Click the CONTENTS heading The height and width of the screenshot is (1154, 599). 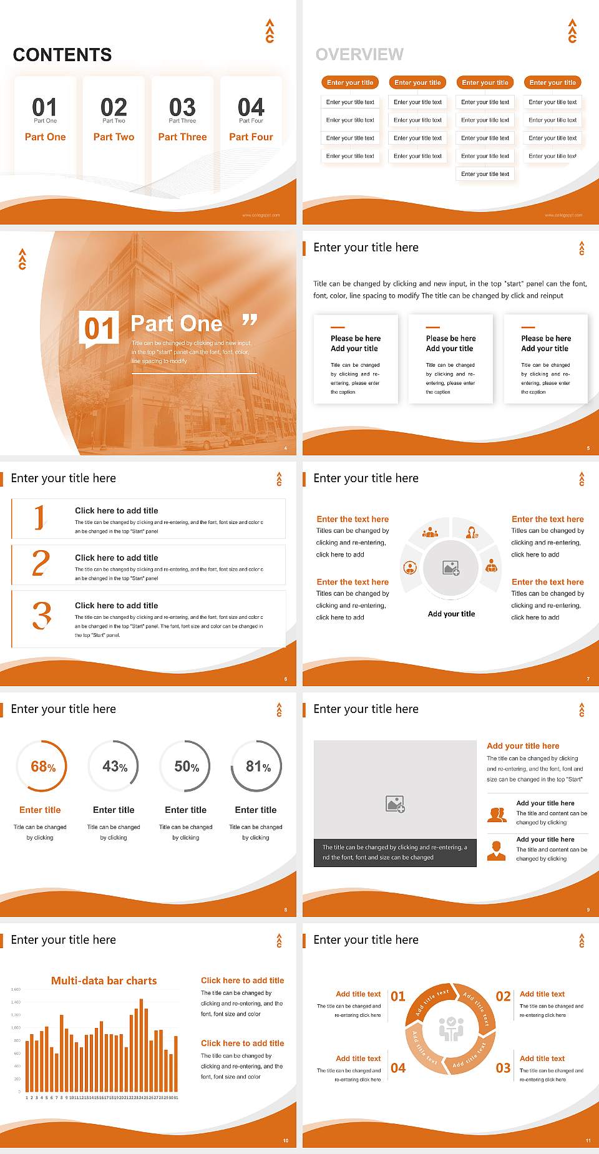pyautogui.click(x=62, y=55)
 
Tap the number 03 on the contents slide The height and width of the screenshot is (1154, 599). pyautogui.click(x=182, y=107)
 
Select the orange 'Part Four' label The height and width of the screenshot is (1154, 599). pyautogui.click(x=251, y=137)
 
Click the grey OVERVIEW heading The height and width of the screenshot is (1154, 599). pyautogui.click(x=359, y=55)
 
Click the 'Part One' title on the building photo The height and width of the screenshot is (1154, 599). pyautogui.click(x=177, y=324)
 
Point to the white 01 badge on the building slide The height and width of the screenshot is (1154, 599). pyautogui.click(x=99, y=328)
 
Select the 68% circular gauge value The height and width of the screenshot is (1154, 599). pyautogui.click(x=43, y=767)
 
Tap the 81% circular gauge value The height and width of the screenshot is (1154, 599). pyautogui.click(x=258, y=767)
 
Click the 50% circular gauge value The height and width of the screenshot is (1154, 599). pyautogui.click(x=187, y=767)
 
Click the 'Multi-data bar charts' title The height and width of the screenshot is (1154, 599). pyautogui.click(x=104, y=981)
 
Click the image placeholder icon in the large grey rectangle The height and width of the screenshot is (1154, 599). pyautogui.click(x=395, y=804)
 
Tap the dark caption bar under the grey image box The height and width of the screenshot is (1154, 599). pyautogui.click(x=395, y=853)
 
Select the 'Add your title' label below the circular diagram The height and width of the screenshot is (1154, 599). pyautogui.click(x=451, y=614)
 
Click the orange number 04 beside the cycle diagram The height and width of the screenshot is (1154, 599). pyautogui.click(x=398, y=1068)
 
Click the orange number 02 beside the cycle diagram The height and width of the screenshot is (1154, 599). pyautogui.click(x=503, y=996)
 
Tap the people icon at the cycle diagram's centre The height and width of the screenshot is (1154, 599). pyautogui.click(x=451, y=1029)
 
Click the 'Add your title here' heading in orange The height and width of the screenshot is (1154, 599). pyautogui.click(x=523, y=746)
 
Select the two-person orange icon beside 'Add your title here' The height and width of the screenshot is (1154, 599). pyautogui.click(x=497, y=815)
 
